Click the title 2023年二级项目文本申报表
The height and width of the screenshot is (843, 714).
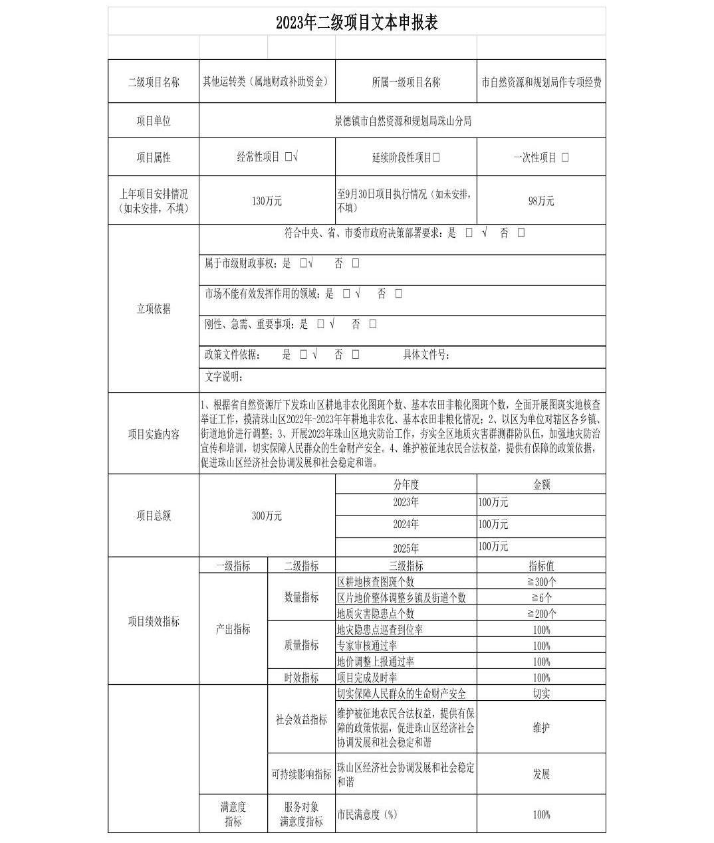(x=356, y=23)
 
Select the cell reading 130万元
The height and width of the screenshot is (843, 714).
(x=267, y=201)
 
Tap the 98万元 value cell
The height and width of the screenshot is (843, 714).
(x=541, y=201)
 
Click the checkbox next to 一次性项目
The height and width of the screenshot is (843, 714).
(x=565, y=157)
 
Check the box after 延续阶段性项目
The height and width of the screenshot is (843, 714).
(x=436, y=157)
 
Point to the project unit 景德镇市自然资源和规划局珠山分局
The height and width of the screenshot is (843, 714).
(x=403, y=121)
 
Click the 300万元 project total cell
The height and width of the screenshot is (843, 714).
(x=267, y=515)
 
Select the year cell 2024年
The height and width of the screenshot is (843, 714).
(x=406, y=524)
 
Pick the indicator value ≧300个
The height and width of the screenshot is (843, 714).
(x=541, y=581)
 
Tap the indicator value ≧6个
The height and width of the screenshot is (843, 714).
(x=541, y=597)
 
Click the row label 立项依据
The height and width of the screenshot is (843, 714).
(x=154, y=308)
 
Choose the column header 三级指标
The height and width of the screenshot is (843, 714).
(x=406, y=566)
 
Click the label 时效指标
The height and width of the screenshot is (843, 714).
(x=301, y=678)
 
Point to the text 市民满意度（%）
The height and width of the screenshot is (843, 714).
(x=367, y=814)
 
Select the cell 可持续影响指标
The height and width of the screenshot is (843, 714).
(x=301, y=774)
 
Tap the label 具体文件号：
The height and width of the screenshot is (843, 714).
(x=426, y=355)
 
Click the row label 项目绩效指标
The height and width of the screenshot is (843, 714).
(x=154, y=621)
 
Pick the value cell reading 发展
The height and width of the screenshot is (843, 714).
(x=541, y=774)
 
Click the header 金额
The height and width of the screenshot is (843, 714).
(x=541, y=484)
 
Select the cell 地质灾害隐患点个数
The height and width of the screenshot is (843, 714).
(x=376, y=613)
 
